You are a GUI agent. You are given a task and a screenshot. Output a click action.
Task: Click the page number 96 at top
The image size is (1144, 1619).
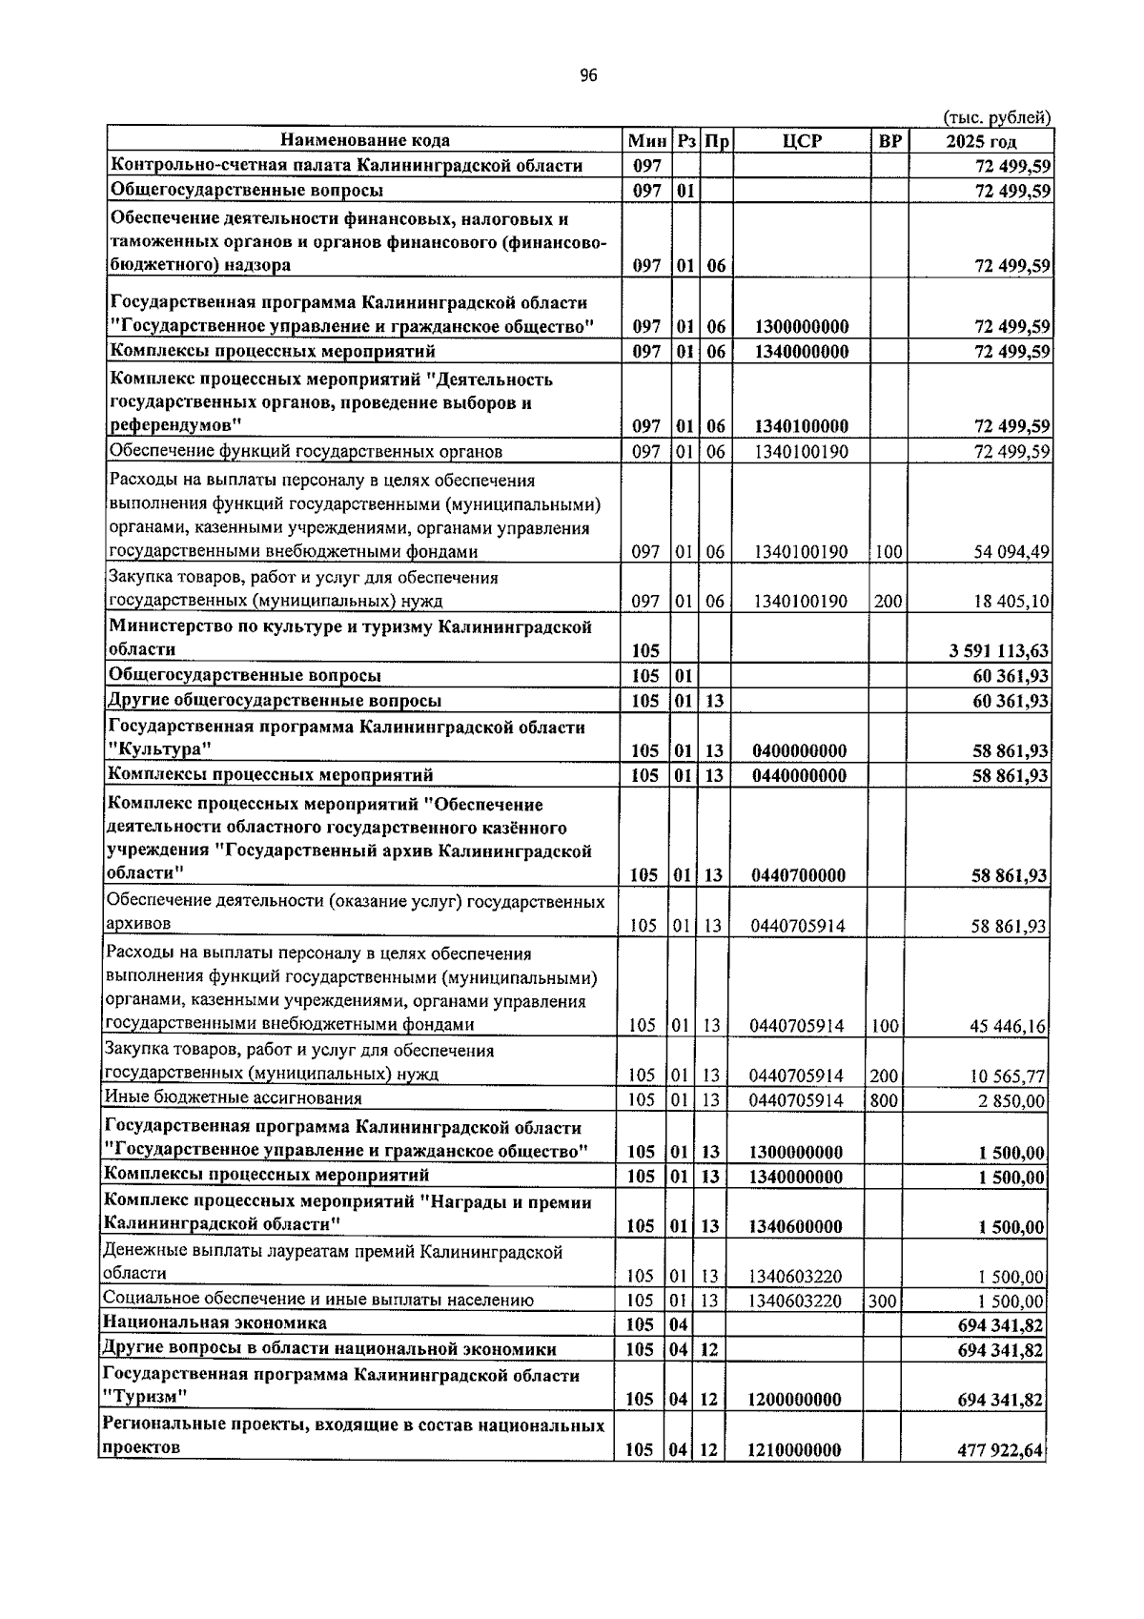click(587, 76)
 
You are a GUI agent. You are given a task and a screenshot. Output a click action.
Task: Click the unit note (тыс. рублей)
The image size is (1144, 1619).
click(996, 118)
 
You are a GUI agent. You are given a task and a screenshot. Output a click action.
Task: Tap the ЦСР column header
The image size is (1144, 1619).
click(801, 141)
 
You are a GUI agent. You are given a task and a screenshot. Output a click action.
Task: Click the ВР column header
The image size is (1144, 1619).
click(889, 141)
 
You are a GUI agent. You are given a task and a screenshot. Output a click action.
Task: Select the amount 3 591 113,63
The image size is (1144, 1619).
click(998, 651)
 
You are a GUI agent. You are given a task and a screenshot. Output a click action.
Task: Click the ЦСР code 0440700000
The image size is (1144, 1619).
click(799, 875)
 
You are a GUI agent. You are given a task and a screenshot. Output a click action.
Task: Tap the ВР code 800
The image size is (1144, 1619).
click(884, 1101)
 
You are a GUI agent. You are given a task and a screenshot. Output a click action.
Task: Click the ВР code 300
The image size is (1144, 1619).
click(882, 1301)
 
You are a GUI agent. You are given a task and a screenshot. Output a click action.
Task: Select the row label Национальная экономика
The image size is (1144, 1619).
click(215, 1323)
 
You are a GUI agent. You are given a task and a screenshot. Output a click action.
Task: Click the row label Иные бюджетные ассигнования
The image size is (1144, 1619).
click(234, 1099)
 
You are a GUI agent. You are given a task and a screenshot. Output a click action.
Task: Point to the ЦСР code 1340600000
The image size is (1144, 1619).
click(795, 1226)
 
